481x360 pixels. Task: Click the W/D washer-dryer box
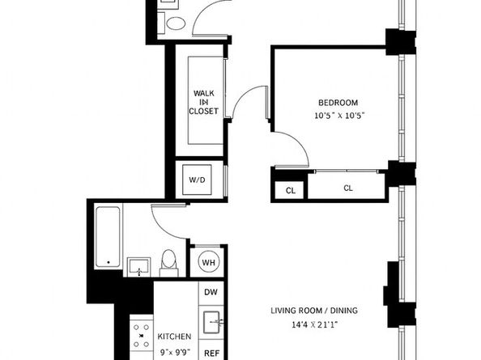coord(197,179)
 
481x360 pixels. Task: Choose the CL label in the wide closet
coord(347,188)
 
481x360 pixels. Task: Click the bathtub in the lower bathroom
coord(108,236)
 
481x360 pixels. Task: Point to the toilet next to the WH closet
coord(169,261)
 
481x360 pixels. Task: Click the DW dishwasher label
coord(211,292)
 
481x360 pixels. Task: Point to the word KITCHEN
coord(174,337)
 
